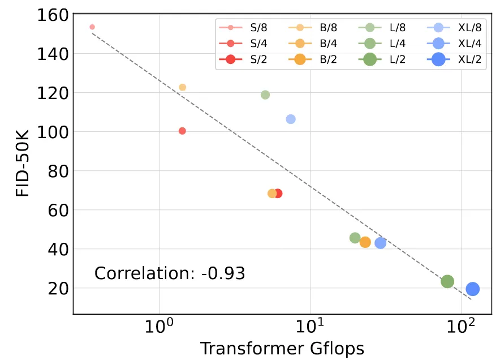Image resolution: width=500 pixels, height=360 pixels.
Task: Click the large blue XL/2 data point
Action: click(473, 289)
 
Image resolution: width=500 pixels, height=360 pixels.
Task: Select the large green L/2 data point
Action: click(447, 281)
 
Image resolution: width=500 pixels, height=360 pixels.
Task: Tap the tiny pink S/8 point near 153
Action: click(92, 27)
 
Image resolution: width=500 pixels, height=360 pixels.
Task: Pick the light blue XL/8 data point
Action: click(291, 119)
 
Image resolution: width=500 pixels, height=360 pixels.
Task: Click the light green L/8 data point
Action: click(265, 95)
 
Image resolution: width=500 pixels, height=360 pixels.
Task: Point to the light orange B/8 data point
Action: click(183, 87)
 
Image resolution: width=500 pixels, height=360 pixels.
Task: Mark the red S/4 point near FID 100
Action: click(182, 131)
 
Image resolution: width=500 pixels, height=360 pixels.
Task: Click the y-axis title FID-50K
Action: click(23, 163)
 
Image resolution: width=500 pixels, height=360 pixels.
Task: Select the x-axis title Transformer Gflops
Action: click(282, 349)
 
